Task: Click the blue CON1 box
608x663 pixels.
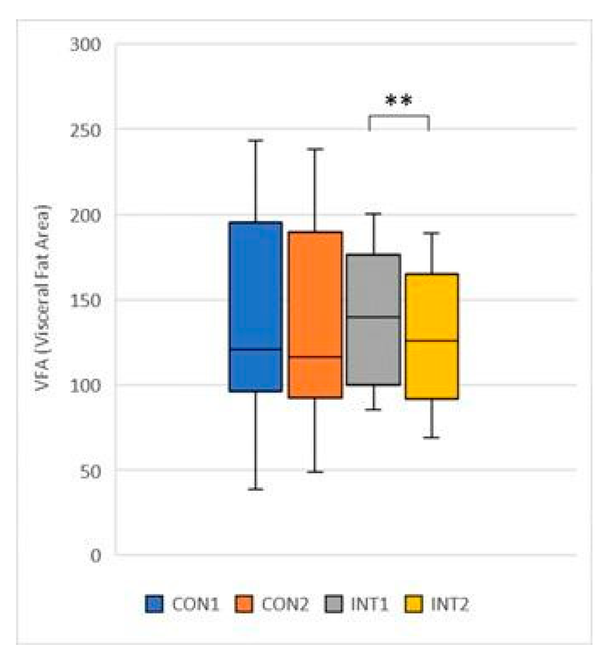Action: pos(256,290)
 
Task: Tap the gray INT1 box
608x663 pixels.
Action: pos(373,290)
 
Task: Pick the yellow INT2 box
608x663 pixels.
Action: pos(432,305)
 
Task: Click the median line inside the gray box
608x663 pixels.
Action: pos(373,317)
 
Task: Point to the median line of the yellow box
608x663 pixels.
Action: pos(432,341)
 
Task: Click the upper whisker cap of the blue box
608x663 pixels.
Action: pos(256,140)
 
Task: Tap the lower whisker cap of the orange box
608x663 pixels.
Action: pos(315,472)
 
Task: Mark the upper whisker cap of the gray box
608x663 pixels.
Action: pos(373,213)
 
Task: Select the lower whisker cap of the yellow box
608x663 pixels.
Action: pos(432,438)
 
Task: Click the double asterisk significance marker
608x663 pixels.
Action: pos(399,100)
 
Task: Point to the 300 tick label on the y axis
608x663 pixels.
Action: pos(85,45)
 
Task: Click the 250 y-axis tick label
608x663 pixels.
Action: pos(85,130)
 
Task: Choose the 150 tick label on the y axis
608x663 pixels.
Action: pos(85,300)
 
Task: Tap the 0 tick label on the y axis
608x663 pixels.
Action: pos(96,555)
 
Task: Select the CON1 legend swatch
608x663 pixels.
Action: pos(154,604)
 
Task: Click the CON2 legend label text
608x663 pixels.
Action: pos(285,604)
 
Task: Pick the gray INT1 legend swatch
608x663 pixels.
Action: pos(334,604)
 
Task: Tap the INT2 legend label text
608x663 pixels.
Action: pos(449,604)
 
